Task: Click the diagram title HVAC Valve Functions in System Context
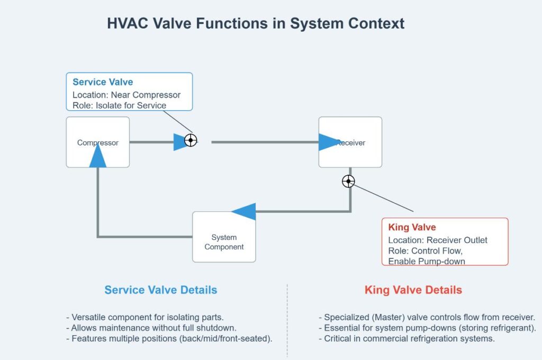tap(256, 24)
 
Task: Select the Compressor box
tap(97, 142)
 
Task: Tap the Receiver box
tap(350, 142)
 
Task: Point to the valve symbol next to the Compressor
tap(191, 140)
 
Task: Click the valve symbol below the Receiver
tap(348, 182)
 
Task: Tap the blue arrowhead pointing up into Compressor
tap(97, 156)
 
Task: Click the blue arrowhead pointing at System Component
tap(245, 212)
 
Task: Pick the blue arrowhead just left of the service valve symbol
tap(180, 142)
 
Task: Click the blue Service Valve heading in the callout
tap(103, 82)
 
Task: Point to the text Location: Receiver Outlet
tap(438, 240)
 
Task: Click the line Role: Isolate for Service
tap(119, 105)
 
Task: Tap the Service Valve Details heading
tap(160, 290)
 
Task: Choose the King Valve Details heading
tap(413, 290)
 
